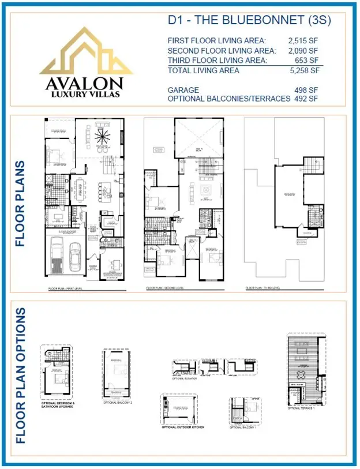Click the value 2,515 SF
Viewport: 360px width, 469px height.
tap(302, 40)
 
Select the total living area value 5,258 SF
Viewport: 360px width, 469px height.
tap(303, 71)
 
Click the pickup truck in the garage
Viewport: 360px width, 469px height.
tap(57, 254)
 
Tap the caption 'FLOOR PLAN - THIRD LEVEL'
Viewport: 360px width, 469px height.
tap(262, 287)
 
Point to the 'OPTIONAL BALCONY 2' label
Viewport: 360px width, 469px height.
tap(118, 402)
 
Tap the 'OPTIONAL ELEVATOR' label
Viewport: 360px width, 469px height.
tap(185, 379)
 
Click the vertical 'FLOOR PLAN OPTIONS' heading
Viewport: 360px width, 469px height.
tap(21, 375)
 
